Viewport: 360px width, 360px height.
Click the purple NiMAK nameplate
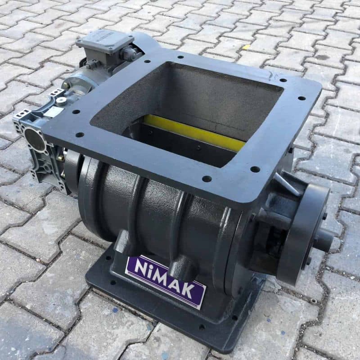tap(165, 281)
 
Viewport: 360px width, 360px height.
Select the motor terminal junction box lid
tap(105, 41)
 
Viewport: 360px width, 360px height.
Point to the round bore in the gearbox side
tap(35, 139)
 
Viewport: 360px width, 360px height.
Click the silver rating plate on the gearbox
tap(54, 112)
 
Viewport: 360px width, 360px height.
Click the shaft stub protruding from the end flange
tap(323, 240)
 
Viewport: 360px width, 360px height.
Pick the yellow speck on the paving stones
tap(246, 47)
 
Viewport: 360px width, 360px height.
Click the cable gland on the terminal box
tap(127, 54)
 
